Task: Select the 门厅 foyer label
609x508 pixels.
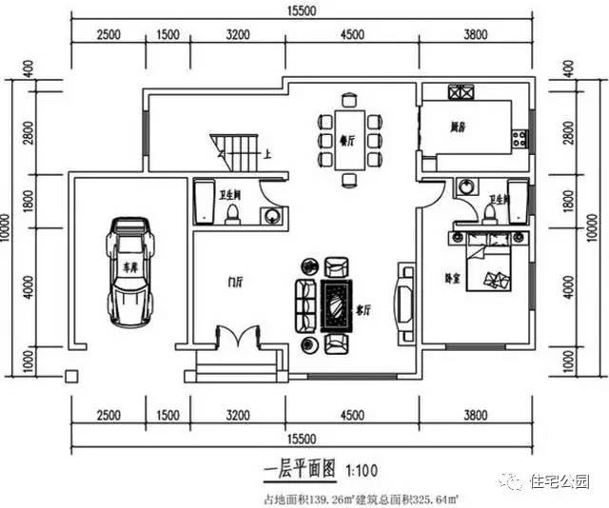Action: coord(233,282)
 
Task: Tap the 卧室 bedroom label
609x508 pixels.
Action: coord(455,278)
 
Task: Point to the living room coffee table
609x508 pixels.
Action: coord(338,303)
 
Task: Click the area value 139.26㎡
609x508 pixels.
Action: coord(317,497)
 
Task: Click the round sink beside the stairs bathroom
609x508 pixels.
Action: coord(272,215)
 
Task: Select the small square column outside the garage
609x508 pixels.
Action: coord(69,376)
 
